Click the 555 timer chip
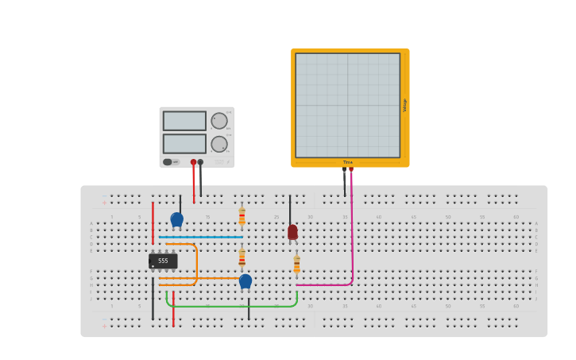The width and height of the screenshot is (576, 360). [163, 261]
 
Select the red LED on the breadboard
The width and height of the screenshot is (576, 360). [292, 232]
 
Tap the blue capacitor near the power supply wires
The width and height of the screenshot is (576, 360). [176, 219]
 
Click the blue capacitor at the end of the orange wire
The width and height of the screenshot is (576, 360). [245, 281]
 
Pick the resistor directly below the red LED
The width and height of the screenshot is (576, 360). [296, 264]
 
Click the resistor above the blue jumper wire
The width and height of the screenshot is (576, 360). [242, 216]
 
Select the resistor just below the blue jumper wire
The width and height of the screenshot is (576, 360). [242, 257]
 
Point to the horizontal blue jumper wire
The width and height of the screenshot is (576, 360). [200, 237]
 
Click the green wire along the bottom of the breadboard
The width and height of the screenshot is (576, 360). [230, 306]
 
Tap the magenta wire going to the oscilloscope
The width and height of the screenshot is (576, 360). [352, 238]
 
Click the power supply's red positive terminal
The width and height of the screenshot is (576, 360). [193, 162]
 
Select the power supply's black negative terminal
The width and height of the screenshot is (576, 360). [200, 162]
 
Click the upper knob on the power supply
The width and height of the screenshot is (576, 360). [218, 121]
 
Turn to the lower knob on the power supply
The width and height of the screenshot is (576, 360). [218, 144]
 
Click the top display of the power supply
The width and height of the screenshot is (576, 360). [184, 121]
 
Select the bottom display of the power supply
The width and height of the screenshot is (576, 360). [184, 144]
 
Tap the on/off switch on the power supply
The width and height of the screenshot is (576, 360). [168, 162]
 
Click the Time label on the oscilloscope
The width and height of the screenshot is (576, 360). [348, 162]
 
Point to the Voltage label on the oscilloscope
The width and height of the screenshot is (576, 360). [404, 105]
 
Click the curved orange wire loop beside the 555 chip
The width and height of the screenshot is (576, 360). [195, 262]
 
